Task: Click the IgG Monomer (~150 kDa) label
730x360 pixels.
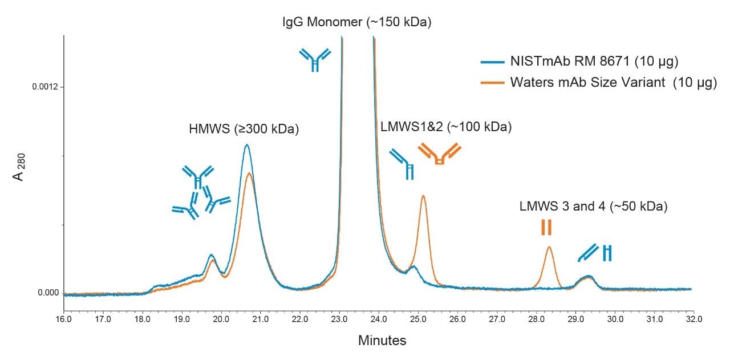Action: (x=357, y=23)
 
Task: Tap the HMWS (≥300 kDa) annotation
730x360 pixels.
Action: (x=244, y=129)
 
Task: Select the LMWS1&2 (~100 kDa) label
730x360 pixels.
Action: (x=446, y=127)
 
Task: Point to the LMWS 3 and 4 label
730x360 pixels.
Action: (x=593, y=207)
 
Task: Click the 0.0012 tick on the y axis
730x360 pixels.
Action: (x=48, y=87)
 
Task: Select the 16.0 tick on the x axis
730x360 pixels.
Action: (x=63, y=318)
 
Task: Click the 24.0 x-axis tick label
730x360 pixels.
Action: (x=379, y=318)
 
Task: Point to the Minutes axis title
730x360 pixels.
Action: (x=382, y=341)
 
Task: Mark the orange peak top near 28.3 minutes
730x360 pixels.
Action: (x=549, y=247)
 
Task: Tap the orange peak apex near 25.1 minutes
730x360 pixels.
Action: (x=423, y=196)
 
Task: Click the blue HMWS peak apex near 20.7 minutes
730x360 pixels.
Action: (x=246, y=145)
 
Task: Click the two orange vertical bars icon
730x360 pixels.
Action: (x=546, y=227)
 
